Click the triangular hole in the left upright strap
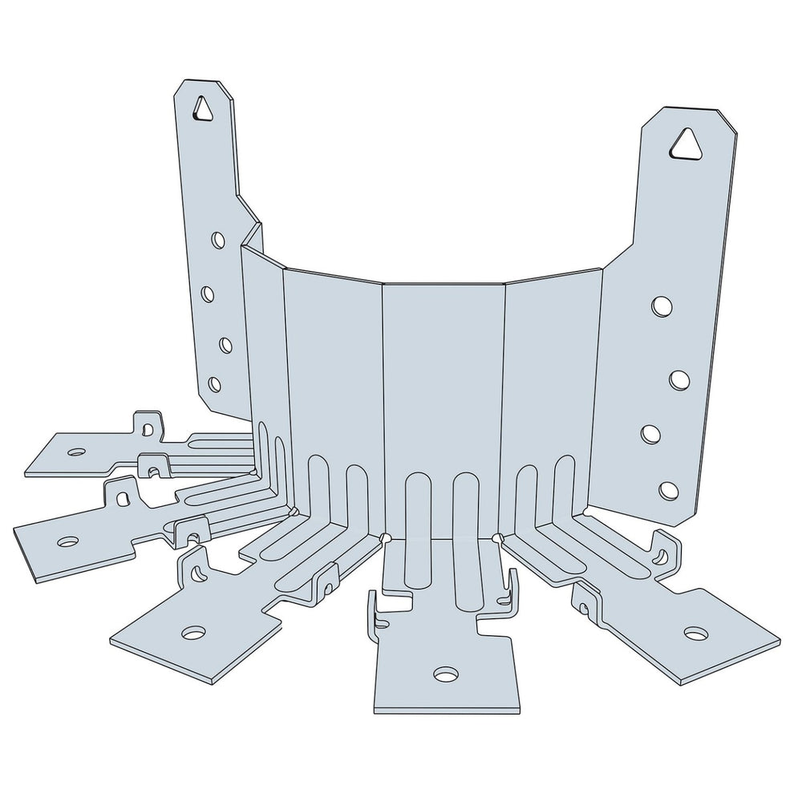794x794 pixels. (x=205, y=108)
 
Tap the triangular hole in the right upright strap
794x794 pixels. (x=684, y=145)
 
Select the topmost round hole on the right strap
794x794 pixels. (x=662, y=306)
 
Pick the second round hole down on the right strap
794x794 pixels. (x=679, y=380)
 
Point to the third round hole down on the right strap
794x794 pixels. (x=650, y=434)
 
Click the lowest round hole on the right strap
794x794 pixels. (x=668, y=489)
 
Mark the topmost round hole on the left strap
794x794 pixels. (x=217, y=240)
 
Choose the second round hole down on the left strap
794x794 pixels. (x=208, y=294)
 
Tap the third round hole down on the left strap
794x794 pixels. (x=225, y=345)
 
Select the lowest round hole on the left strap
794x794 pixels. (x=214, y=384)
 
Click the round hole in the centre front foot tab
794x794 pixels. (x=445, y=674)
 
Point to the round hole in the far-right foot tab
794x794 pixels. (x=695, y=634)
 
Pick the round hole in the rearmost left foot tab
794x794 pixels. (x=76, y=452)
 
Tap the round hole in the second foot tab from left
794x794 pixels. (x=68, y=542)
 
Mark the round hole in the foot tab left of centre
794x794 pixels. (x=193, y=633)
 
